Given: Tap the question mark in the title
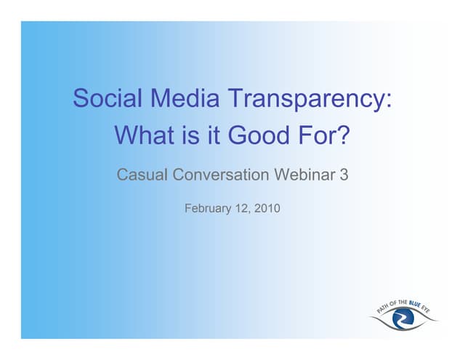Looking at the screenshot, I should tap(344, 135).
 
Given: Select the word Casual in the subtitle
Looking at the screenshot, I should tap(142, 175).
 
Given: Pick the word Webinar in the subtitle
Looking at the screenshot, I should tap(304, 175).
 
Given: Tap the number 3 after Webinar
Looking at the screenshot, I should tap(344, 175).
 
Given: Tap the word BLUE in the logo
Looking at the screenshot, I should tap(417, 300).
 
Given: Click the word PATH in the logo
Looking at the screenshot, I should tap(382, 308).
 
